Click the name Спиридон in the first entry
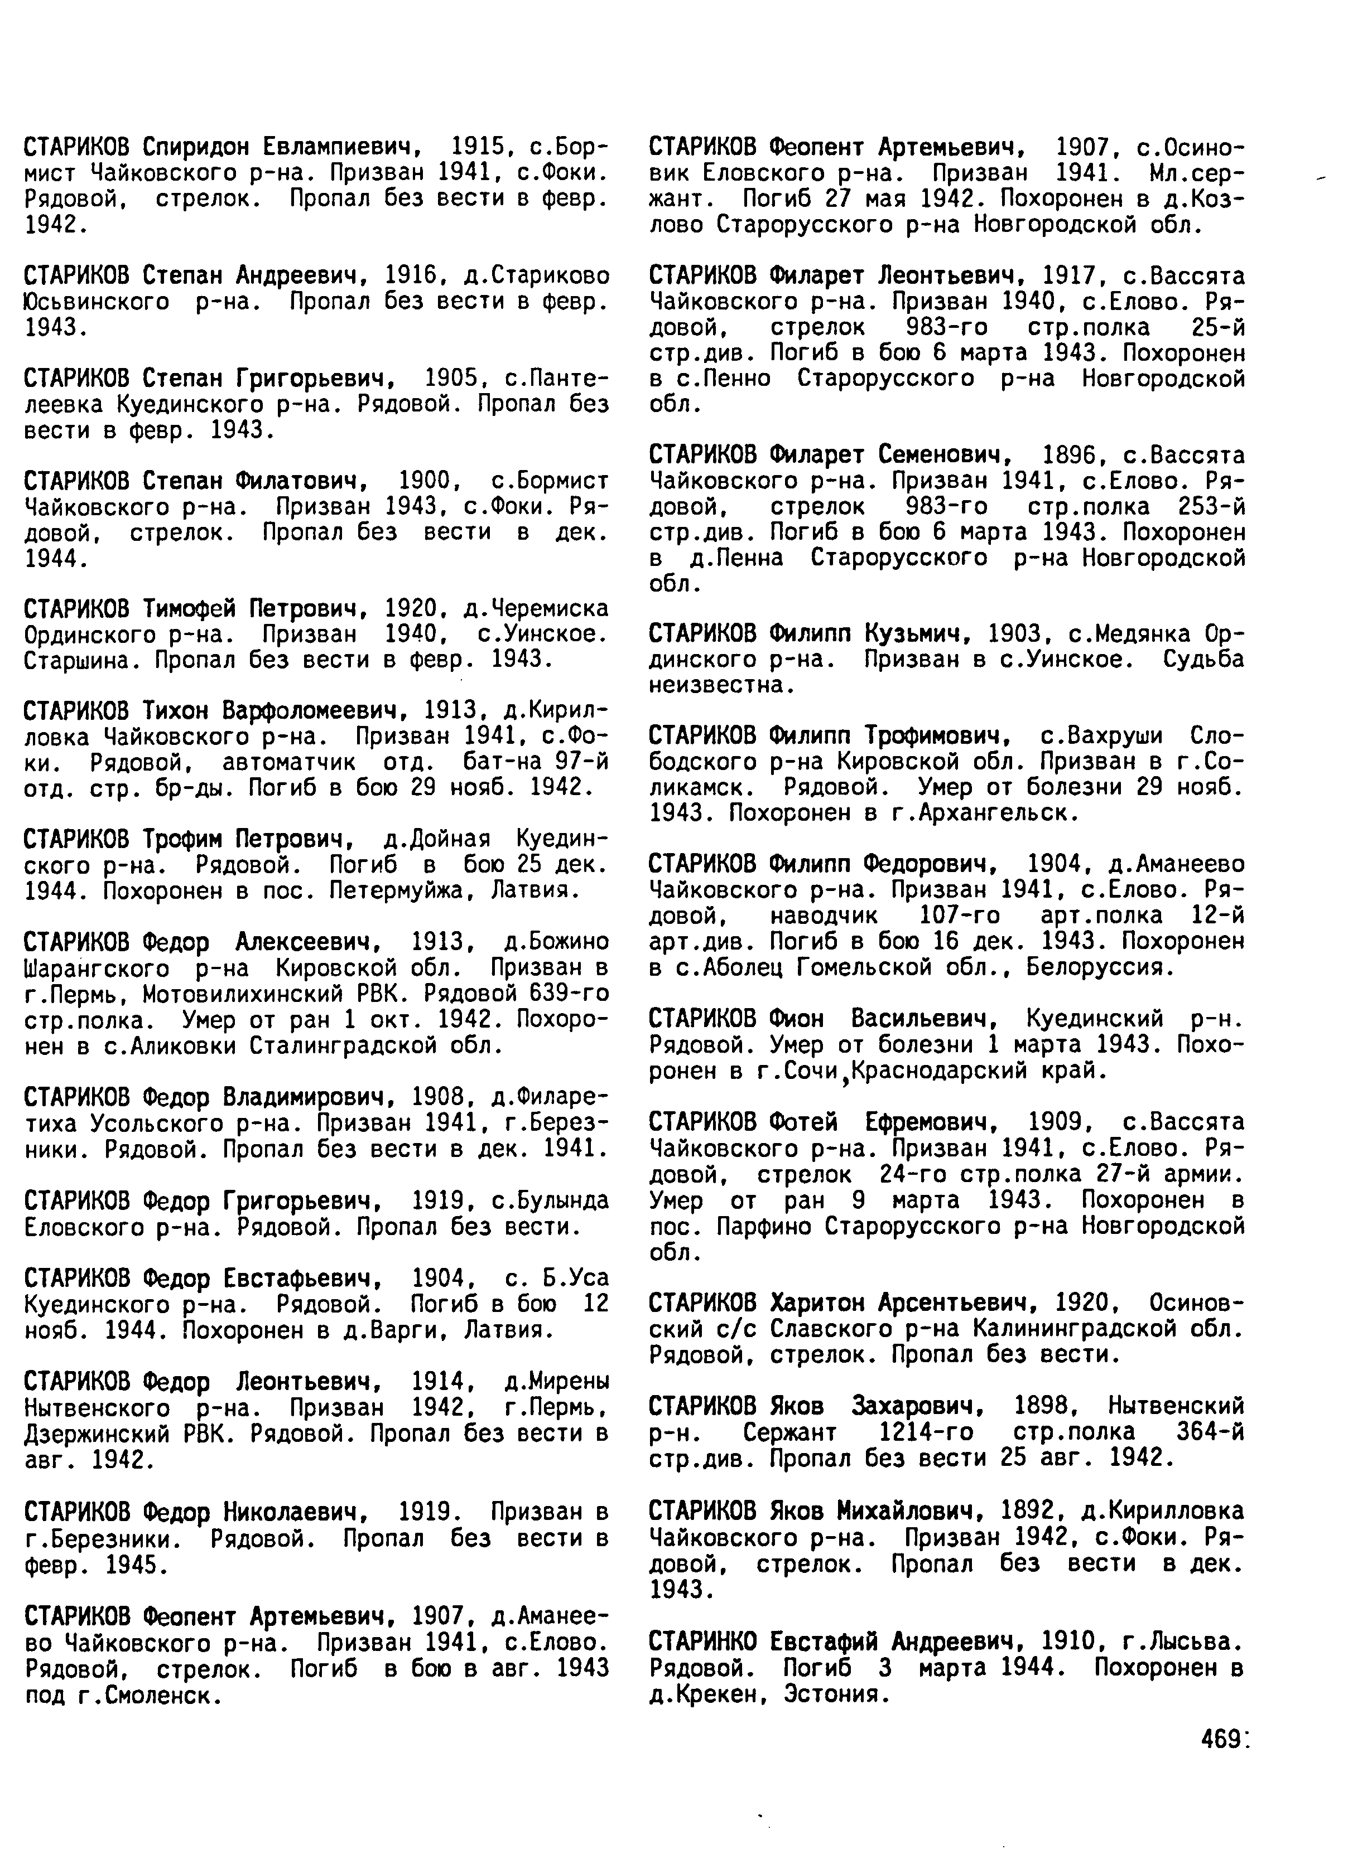[195, 148]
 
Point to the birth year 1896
[1070, 455]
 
